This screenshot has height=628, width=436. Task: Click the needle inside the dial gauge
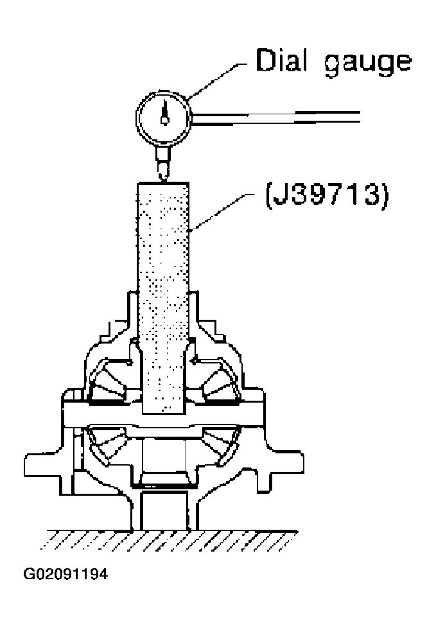click(165, 110)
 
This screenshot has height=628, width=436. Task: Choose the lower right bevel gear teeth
click(222, 444)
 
